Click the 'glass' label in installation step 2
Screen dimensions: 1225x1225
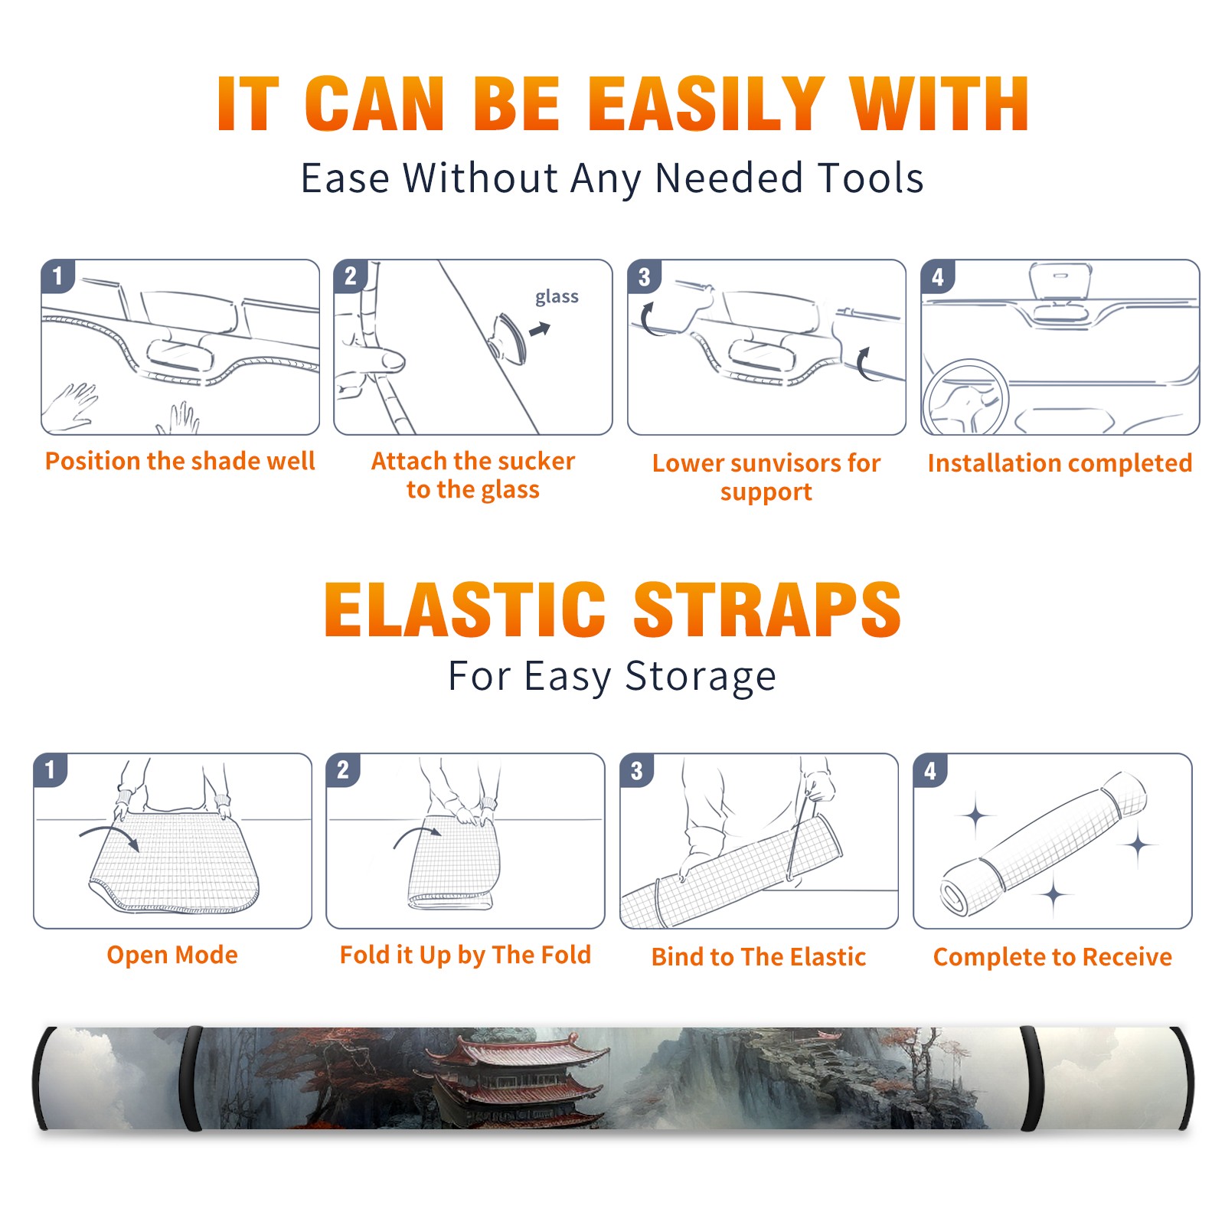tap(557, 297)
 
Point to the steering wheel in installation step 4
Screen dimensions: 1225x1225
tap(965, 397)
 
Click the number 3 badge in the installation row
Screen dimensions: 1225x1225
tap(644, 276)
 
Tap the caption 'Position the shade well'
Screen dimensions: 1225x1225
tap(180, 461)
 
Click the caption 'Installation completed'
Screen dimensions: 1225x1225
tap(1060, 462)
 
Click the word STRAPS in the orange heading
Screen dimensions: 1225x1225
tap(767, 609)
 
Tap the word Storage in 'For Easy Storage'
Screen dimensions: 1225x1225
tap(701, 678)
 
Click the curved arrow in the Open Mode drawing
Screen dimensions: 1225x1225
tap(109, 837)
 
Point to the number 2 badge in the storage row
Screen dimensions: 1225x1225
tap(342, 769)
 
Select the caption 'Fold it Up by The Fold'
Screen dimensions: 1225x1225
tap(465, 955)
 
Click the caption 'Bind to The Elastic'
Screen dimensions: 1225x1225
tap(759, 957)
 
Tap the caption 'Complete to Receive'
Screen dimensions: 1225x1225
tap(1053, 957)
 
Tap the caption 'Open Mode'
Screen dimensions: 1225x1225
tap(172, 955)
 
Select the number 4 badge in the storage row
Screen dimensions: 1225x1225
tap(930, 769)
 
